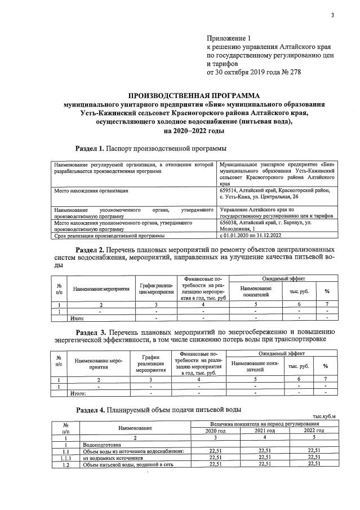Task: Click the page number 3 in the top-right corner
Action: (332, 15)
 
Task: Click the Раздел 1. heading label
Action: (90, 148)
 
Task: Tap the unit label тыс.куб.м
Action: (323, 416)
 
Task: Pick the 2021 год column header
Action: (264, 431)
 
